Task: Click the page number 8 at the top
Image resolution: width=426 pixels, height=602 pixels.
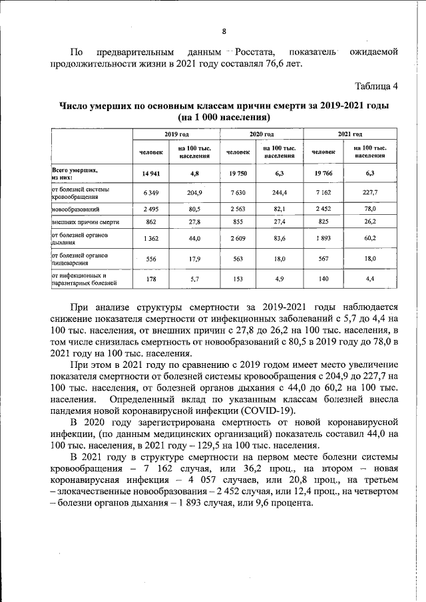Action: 224,31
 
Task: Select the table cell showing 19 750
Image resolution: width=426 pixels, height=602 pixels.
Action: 238,174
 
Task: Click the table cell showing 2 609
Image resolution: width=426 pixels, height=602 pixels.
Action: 238,238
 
